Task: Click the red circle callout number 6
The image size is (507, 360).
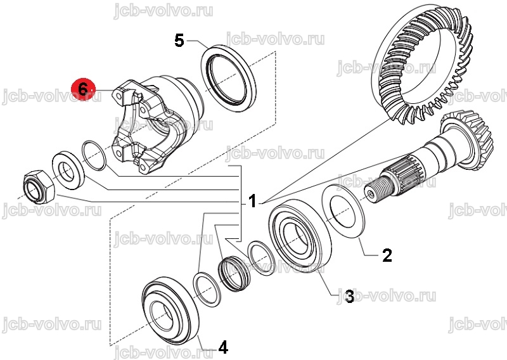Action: point(83,89)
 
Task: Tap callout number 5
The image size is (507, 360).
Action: point(179,41)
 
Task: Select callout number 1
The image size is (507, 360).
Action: point(252,201)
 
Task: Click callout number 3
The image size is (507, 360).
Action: point(350,296)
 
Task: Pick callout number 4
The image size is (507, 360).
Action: point(224,348)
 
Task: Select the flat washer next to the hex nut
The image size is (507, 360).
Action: point(68,169)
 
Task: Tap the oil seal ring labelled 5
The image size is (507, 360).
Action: point(229,79)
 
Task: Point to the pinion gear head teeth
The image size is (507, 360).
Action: point(469,139)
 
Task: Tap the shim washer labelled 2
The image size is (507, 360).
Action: point(343,211)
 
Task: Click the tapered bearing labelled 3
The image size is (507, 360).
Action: point(300,236)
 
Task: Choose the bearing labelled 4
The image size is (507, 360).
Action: point(170,311)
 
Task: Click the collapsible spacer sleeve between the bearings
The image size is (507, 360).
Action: point(234,274)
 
